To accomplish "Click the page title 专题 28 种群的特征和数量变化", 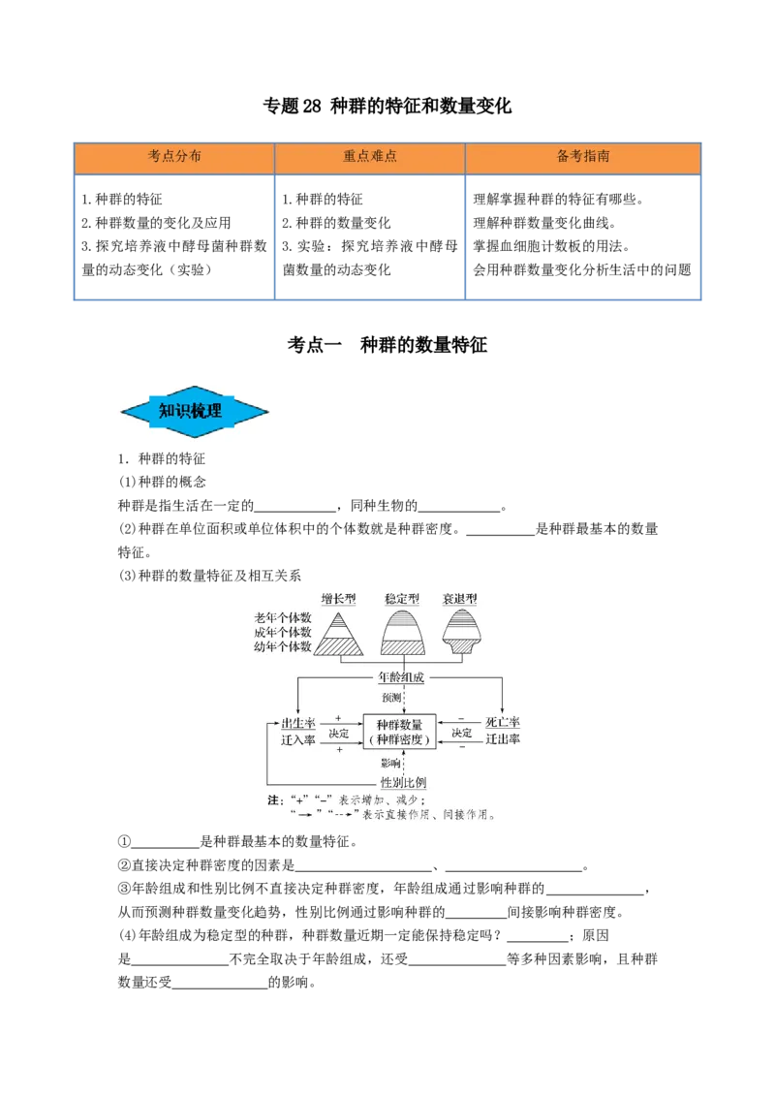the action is [387, 106].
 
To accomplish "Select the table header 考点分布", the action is [174, 156].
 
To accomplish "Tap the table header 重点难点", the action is [369, 156].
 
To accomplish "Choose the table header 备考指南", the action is [582, 156].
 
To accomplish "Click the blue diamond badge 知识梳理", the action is [195, 411].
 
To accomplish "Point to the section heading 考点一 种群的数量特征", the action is [387, 345].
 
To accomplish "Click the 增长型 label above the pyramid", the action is [338, 599].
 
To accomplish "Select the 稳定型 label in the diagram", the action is [402, 599].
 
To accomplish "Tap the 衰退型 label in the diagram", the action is [460, 599].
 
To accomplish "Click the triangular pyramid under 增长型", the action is [338, 635].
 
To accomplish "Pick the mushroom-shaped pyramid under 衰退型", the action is [461, 631].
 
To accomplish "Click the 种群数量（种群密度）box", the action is [399, 732].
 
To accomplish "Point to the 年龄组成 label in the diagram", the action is [401, 677].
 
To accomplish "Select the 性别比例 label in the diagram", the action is [403, 782].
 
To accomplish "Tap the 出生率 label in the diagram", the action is [298, 723].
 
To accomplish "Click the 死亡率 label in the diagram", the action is [502, 723].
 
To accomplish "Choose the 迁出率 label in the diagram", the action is [502, 738].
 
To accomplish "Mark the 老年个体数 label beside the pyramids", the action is [283, 617].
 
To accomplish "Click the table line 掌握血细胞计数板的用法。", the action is [552, 246].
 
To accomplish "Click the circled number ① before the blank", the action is [125, 841].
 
